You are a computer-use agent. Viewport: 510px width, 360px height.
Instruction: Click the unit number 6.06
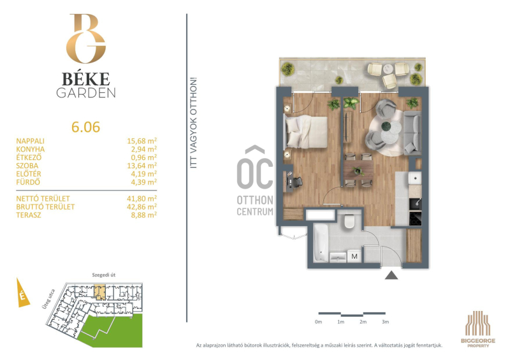coord(85,127)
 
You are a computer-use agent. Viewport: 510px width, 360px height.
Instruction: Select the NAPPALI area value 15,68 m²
coord(142,141)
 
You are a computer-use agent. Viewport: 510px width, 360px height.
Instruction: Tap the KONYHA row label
coord(31,149)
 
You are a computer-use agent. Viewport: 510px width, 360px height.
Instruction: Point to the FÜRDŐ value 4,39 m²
coord(144,182)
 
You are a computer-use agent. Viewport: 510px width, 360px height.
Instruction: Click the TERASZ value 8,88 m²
coord(144,215)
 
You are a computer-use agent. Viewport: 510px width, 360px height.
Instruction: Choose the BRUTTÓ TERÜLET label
coord(45,207)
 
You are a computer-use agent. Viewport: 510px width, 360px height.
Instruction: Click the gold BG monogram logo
coord(86,38)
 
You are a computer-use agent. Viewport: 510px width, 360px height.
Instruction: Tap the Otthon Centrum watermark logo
coord(255,181)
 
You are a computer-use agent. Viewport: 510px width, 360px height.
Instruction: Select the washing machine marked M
coord(354,256)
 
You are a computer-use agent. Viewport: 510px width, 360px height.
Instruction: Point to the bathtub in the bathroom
coord(321,243)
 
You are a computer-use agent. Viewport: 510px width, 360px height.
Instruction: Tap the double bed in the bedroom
coord(305,132)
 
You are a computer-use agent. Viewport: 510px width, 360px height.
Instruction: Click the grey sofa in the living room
coord(412,133)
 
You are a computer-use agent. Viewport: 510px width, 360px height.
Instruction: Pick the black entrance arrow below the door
coord(391,275)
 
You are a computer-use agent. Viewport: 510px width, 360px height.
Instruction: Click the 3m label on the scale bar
coord(386,322)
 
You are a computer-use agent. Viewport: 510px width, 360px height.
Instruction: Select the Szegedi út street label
coord(104,275)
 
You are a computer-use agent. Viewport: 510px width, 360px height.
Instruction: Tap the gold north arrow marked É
coord(22,292)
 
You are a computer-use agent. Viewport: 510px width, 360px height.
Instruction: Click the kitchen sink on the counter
coord(416,178)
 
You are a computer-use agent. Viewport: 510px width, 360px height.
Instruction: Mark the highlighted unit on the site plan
coord(100,292)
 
